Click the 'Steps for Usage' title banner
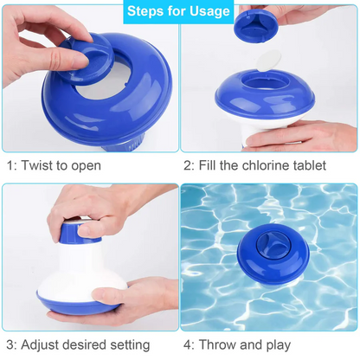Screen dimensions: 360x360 (x=179, y=11)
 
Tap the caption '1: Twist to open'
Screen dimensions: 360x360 (x=54, y=164)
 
